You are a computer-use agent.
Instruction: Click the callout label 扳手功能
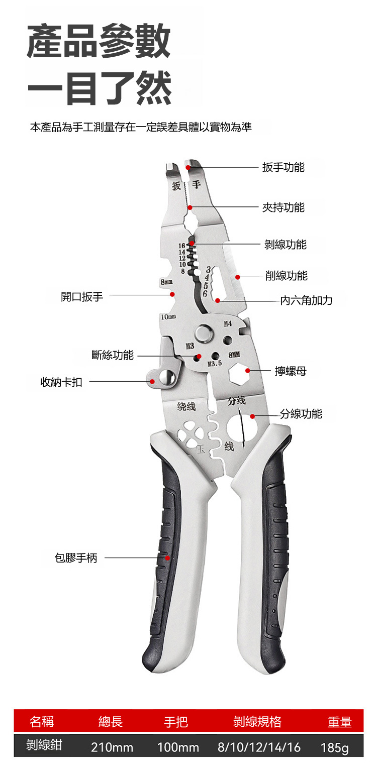pyautogui.click(x=283, y=167)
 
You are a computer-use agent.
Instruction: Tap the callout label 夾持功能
pyautogui.click(x=283, y=207)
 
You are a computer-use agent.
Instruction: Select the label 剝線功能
pyautogui.click(x=285, y=245)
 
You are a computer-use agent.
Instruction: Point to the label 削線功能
pyautogui.click(x=286, y=276)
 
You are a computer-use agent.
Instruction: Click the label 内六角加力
pyautogui.click(x=306, y=300)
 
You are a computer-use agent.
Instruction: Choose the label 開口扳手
pyautogui.click(x=82, y=296)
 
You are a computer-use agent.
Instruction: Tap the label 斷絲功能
pyautogui.click(x=113, y=355)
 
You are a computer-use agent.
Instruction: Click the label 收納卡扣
pyautogui.click(x=61, y=382)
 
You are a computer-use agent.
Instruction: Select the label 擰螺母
pyautogui.click(x=291, y=371)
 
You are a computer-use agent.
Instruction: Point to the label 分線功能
pyautogui.click(x=301, y=414)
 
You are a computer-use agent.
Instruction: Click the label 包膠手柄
pyautogui.click(x=76, y=557)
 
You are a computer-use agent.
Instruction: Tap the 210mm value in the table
pyautogui.click(x=112, y=747)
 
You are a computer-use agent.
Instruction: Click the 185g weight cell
pyautogui.click(x=334, y=747)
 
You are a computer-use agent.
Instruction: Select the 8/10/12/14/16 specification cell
pyautogui.click(x=259, y=747)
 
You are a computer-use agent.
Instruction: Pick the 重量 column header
pyautogui.click(x=339, y=722)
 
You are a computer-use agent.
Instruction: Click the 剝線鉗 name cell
pyautogui.click(x=44, y=745)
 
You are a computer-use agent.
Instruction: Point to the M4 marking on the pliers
pyautogui.click(x=228, y=324)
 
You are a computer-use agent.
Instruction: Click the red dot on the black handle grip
pyautogui.click(x=168, y=558)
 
